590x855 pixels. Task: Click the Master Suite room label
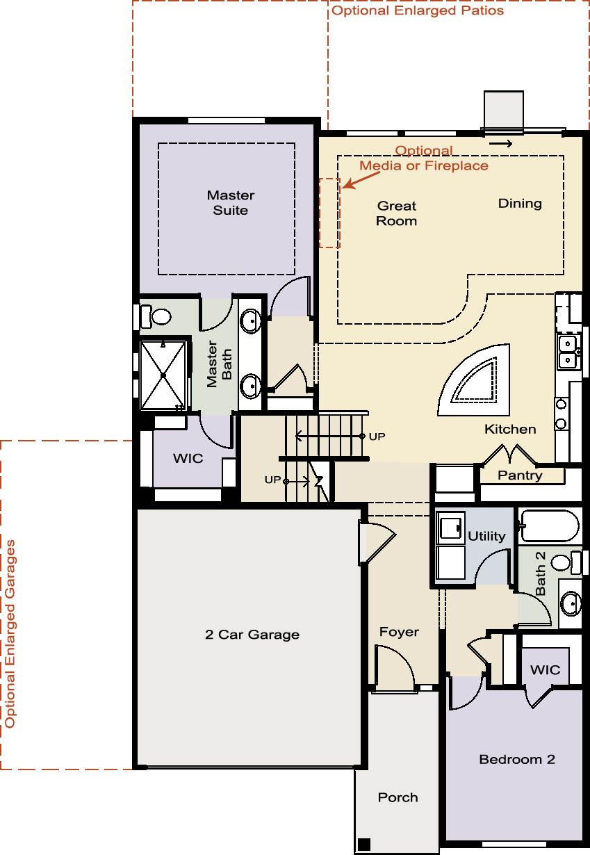[x=231, y=203]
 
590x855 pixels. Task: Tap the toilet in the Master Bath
[x=156, y=316]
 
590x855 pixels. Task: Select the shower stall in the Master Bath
[x=163, y=375]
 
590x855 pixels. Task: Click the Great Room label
[x=397, y=213]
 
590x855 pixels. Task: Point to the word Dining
[x=520, y=204]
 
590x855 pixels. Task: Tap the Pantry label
[x=520, y=475]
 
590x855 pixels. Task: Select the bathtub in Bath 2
[x=550, y=526]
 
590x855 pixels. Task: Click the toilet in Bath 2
[x=566, y=562]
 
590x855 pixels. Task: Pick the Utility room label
[x=486, y=536]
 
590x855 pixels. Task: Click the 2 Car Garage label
[x=252, y=635]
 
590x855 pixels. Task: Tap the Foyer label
[x=399, y=632]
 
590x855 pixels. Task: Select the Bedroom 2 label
[x=517, y=759]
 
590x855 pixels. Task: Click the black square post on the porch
[x=364, y=845]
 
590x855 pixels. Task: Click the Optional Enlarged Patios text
[x=418, y=10]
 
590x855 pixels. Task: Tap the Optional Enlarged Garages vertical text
[x=10, y=634]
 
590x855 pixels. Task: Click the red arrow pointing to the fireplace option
[x=361, y=180]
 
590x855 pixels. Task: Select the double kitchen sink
[x=568, y=352]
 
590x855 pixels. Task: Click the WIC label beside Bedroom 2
[x=545, y=669]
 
